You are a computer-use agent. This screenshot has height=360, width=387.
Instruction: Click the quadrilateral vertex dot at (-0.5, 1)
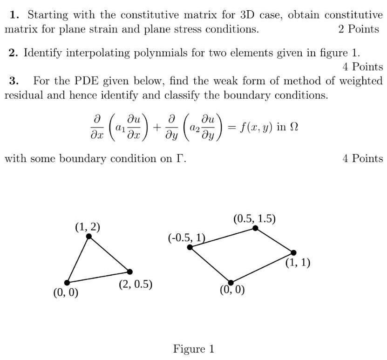[190, 247]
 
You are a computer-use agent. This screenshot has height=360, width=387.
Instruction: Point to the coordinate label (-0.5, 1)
[186, 238]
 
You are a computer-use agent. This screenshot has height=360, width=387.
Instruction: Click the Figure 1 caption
[194, 349]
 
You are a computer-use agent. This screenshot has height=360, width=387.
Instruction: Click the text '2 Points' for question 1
[359, 29]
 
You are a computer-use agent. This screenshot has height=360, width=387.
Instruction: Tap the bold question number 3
[14, 81]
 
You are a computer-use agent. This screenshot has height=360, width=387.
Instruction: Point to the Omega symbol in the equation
[293, 127]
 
